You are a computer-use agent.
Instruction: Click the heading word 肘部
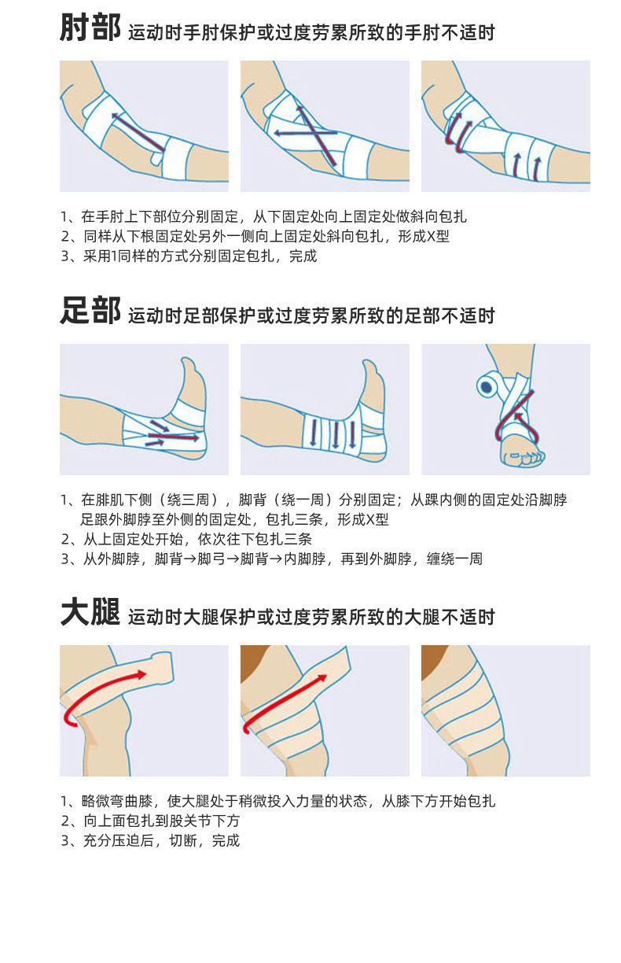click(x=90, y=28)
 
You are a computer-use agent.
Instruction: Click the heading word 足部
click(x=90, y=312)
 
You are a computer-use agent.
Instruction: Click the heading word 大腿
click(x=90, y=612)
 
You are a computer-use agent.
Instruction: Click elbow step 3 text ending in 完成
click(x=189, y=256)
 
